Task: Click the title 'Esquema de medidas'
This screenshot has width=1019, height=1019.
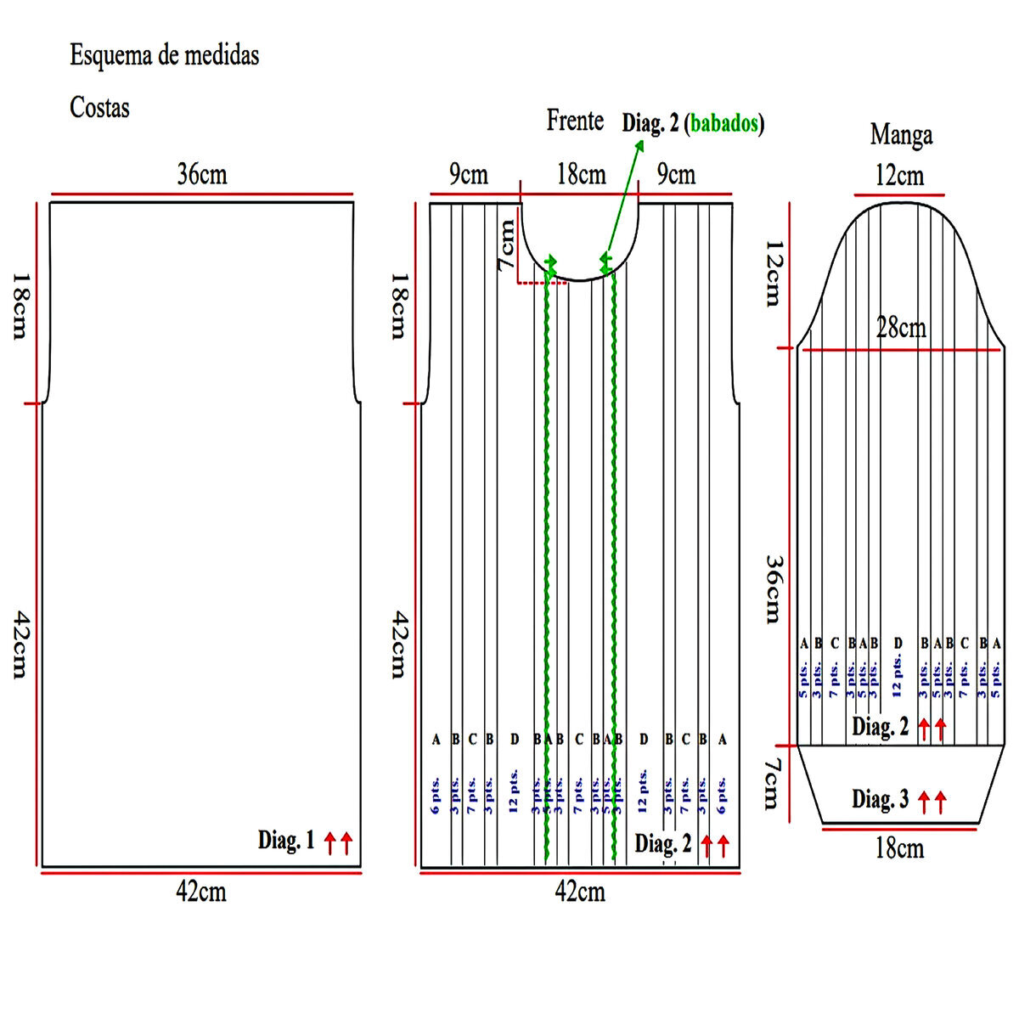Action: tap(164, 56)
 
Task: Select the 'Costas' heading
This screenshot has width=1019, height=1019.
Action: tap(99, 108)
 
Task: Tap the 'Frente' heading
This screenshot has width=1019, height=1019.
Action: tap(575, 121)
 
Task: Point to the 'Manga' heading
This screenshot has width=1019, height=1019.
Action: tap(901, 135)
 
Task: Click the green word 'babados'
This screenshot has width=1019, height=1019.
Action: tap(723, 124)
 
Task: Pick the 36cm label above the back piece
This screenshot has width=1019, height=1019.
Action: tap(202, 174)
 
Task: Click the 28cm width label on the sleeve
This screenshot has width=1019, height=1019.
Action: tap(901, 328)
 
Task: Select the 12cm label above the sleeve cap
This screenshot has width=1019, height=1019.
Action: tap(899, 176)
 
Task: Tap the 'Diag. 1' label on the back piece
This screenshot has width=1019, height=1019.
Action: tap(286, 841)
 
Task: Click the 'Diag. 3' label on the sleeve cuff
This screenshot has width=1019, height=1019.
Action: tap(881, 799)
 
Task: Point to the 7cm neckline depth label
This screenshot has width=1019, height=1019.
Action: tap(507, 245)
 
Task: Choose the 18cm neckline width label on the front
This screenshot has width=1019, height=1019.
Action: tap(582, 175)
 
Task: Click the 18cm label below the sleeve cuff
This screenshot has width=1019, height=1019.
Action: tap(899, 847)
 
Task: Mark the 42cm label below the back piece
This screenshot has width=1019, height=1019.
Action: tap(201, 892)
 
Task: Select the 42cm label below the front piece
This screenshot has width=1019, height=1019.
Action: tap(580, 892)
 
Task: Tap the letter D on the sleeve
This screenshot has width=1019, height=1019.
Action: tap(898, 644)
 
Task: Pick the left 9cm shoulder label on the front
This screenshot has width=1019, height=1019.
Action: tap(469, 175)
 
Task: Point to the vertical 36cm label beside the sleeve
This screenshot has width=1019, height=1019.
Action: tap(773, 588)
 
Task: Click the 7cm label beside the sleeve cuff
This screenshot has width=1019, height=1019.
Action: tap(771, 784)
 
